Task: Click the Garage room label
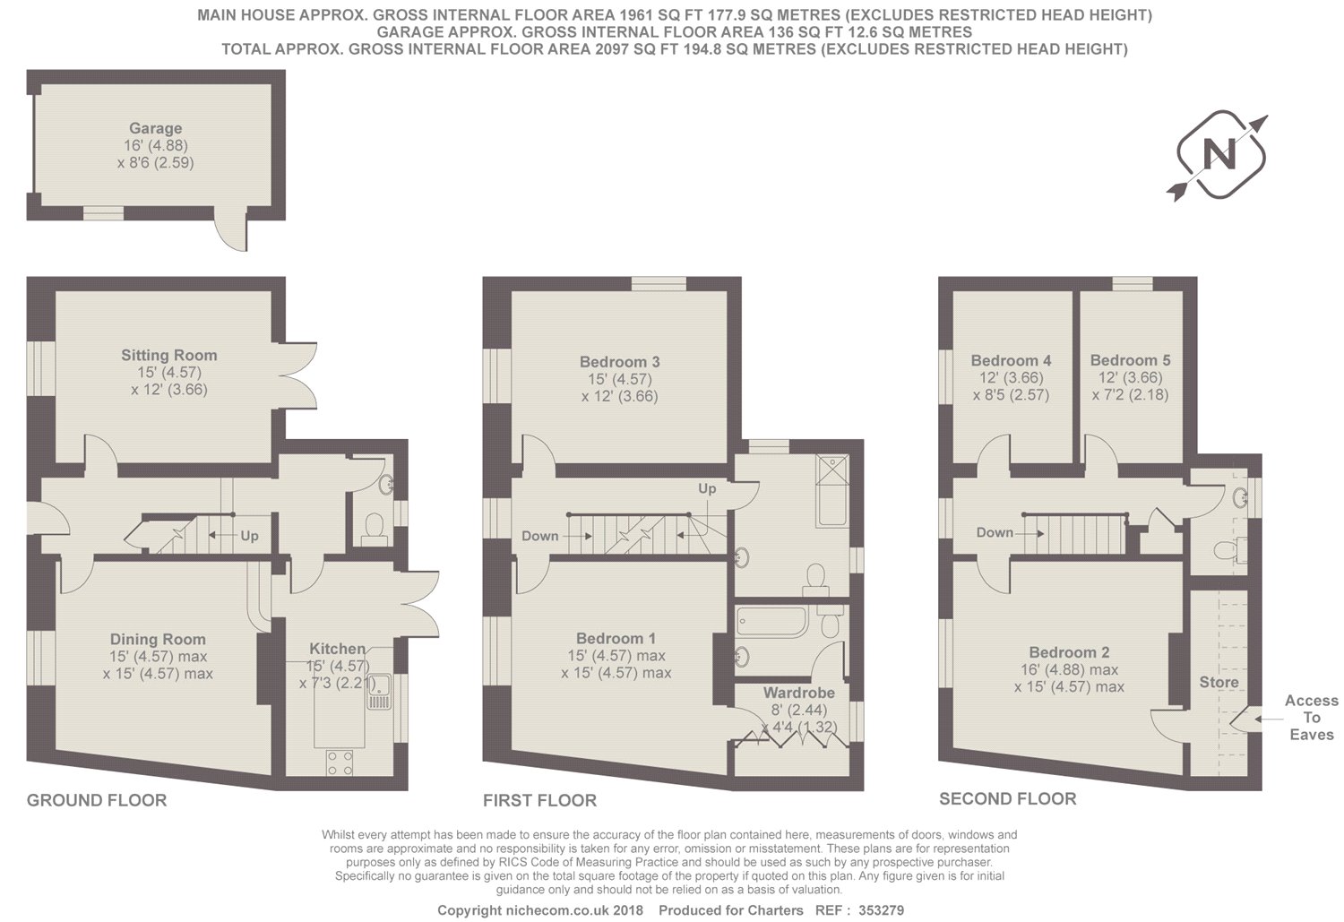coord(155,128)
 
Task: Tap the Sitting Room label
coord(169,355)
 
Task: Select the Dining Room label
coord(158,640)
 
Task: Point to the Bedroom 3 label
coord(620,362)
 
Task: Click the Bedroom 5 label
coord(1131,360)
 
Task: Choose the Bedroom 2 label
coord(1069,652)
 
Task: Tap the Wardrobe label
coord(798,693)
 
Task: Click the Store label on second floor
coord(1219,682)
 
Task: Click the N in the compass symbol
coord(1219,155)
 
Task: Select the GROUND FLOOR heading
coord(97,800)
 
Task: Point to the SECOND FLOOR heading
coord(1008,799)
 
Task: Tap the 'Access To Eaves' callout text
coord(1312,718)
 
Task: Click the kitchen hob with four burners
coord(340,763)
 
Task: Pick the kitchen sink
coord(379,692)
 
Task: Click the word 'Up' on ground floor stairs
coord(249,536)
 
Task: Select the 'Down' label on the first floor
coord(540,536)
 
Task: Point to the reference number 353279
coord(882,910)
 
